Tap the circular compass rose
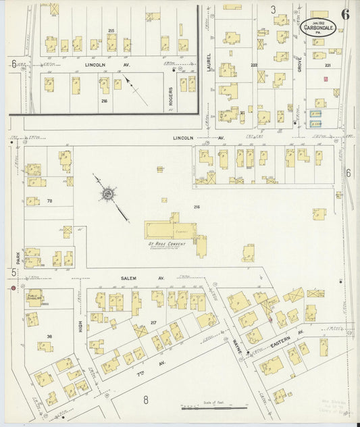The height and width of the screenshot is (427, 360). pyautogui.click(x=107, y=195)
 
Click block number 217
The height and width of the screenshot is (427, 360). pyautogui.click(x=153, y=323)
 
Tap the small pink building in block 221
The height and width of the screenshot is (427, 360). pyautogui.click(x=326, y=80)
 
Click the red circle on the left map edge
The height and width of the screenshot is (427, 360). pyautogui.click(x=13, y=288)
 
